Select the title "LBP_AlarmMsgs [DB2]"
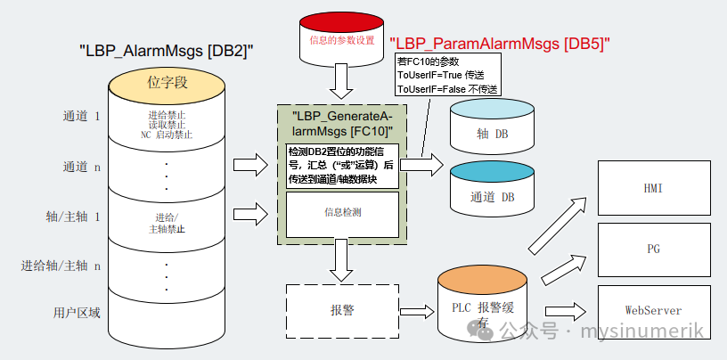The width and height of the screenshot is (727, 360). (x=166, y=51)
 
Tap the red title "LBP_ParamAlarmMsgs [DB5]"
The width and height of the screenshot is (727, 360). (x=503, y=43)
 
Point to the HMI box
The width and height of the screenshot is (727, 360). (x=653, y=189)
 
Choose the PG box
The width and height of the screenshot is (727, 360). (x=653, y=249)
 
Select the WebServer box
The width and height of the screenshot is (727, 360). (x=653, y=310)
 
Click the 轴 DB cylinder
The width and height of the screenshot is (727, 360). (x=491, y=133)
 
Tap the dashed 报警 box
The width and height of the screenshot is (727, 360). (x=341, y=310)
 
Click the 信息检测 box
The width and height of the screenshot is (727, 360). (x=341, y=214)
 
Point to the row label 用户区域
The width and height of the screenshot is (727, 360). (x=76, y=312)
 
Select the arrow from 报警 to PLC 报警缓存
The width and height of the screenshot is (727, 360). (x=416, y=311)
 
